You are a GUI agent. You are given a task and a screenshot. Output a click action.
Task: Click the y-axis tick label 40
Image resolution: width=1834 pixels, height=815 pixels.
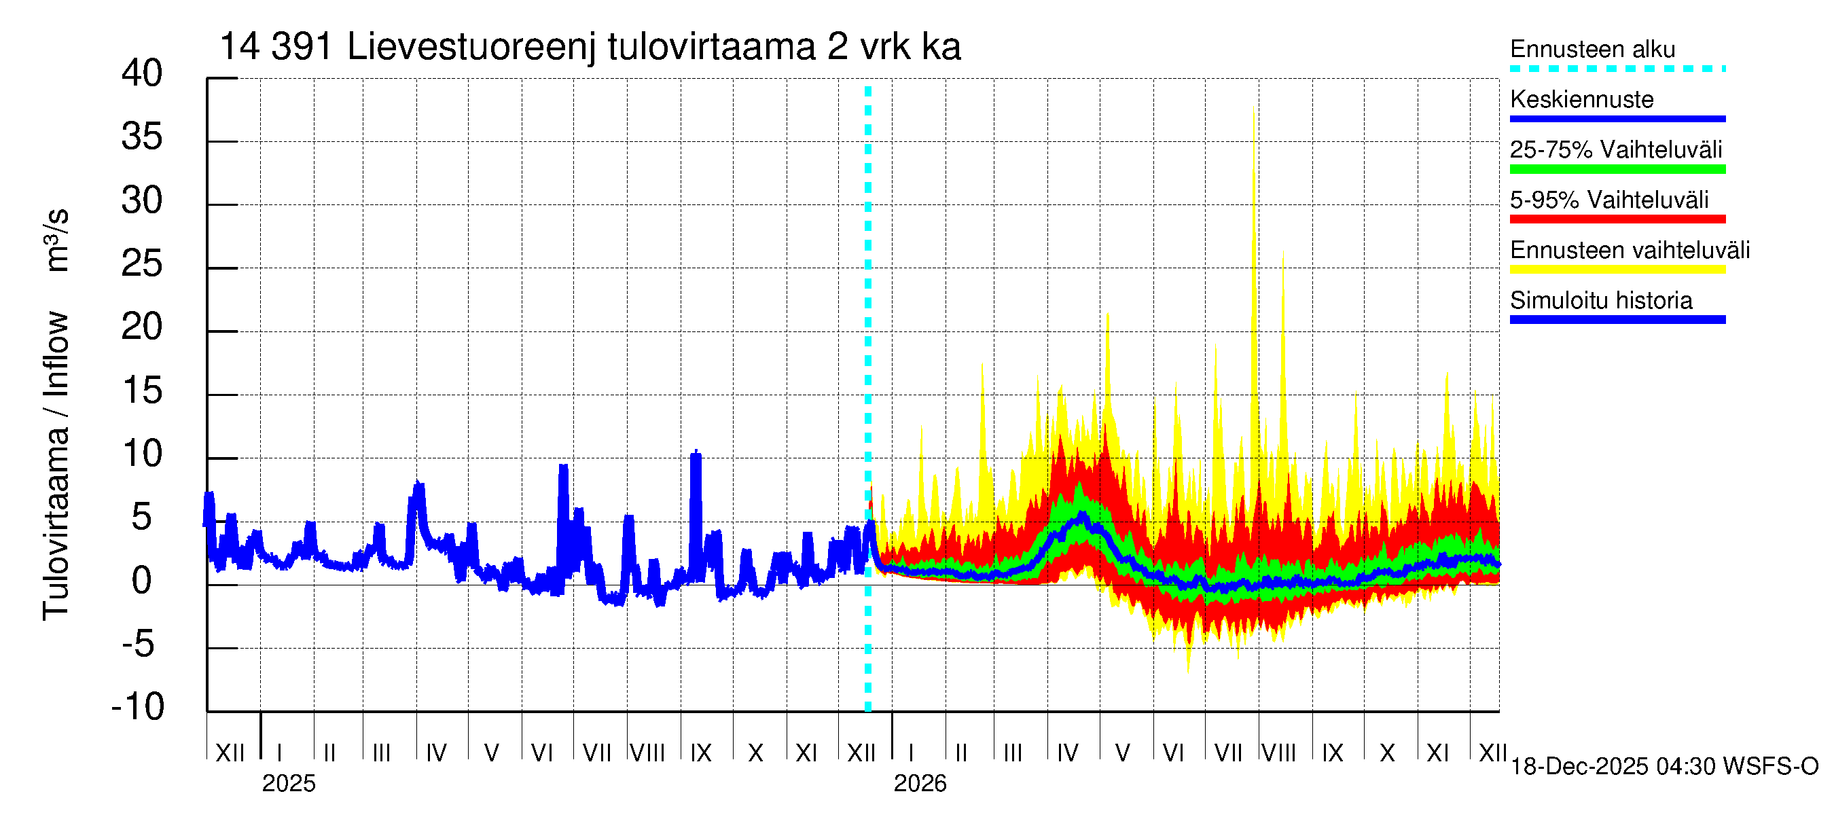point(142,73)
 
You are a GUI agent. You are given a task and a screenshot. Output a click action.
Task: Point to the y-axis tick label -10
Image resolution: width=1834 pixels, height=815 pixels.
point(138,707)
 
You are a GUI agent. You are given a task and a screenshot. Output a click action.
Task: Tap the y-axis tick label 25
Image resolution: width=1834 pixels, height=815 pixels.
point(142,264)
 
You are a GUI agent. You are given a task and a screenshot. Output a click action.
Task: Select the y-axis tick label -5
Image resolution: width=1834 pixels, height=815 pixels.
point(138,644)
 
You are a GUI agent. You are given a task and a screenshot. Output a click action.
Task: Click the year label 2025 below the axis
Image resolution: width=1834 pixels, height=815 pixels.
point(288,784)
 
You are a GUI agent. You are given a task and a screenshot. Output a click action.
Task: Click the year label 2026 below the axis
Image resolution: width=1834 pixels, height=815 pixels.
point(920,784)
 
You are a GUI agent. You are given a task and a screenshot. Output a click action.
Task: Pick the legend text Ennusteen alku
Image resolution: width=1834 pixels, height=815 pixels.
point(1593,49)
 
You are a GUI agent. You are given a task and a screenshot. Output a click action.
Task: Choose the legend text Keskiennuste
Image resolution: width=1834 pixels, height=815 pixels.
point(1582,100)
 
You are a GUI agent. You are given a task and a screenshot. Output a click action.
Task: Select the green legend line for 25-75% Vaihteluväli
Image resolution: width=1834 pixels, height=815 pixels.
point(1617,169)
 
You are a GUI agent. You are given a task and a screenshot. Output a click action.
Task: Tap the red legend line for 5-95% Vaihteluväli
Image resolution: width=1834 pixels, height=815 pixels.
point(1617,219)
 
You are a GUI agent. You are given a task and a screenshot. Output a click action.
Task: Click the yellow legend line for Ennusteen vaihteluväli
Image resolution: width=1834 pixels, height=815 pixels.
point(1617,270)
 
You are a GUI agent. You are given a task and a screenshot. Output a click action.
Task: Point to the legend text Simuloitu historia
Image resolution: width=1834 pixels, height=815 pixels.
point(1601,300)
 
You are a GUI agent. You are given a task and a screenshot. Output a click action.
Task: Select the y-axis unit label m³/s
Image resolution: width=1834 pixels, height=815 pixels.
point(57,240)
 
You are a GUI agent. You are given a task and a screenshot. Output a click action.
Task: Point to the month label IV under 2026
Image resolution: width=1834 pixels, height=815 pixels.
point(1067,753)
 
